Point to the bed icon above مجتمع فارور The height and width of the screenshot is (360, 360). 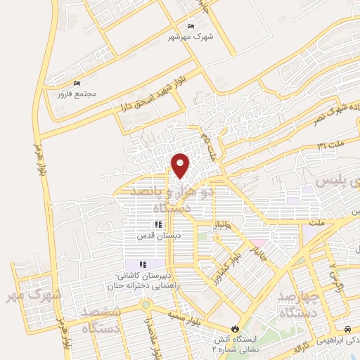(x=77, y=83)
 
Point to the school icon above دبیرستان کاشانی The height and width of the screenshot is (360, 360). (x=142, y=264)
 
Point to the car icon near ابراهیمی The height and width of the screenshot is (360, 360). (x=348, y=329)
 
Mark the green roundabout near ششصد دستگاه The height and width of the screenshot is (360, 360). (x=145, y=305)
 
